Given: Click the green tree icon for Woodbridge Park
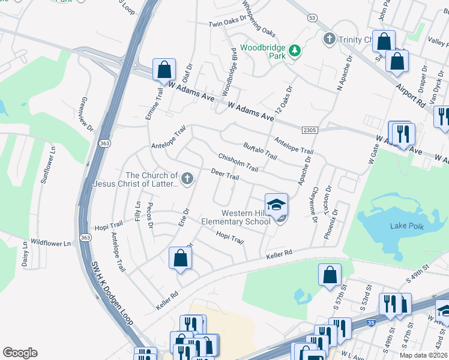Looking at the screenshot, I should click(x=295, y=51).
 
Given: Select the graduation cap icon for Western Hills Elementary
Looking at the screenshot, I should click(x=276, y=205).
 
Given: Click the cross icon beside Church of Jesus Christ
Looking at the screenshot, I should click(x=187, y=178).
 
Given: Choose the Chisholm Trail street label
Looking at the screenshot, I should click(x=238, y=161).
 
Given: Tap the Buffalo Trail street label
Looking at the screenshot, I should click(x=260, y=151).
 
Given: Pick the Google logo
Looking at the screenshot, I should click(x=20, y=353).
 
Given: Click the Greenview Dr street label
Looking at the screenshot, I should click(x=87, y=115).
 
